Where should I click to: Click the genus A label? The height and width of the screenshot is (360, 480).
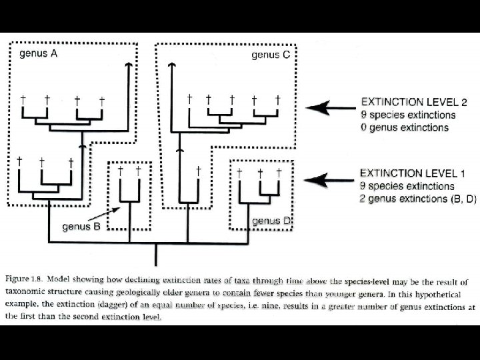[x=39, y=54]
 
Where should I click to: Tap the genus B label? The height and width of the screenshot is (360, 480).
[x=81, y=226]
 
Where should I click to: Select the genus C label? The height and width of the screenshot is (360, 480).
[x=270, y=55]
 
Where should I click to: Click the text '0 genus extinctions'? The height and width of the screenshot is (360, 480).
[x=404, y=127]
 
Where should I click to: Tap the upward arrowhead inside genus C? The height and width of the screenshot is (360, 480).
[x=172, y=65]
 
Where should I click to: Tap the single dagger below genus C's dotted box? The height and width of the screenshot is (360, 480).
[x=198, y=171]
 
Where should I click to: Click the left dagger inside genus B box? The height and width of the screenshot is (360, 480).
[x=120, y=171]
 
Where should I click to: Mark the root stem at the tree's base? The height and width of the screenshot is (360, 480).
[x=156, y=253]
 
